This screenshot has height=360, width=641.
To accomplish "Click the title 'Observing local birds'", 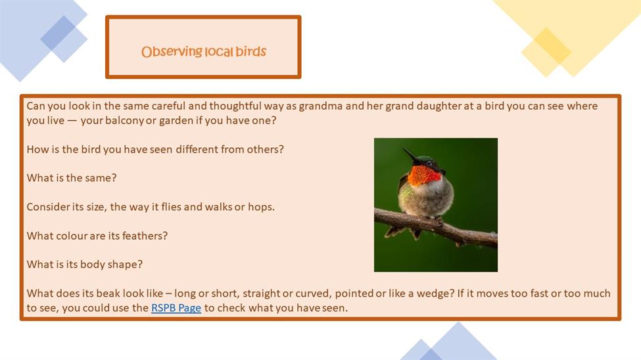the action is coord(204,51).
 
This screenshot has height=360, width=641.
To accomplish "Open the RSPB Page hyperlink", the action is coord(176,307).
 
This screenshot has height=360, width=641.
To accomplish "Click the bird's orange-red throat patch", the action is coord(424,175).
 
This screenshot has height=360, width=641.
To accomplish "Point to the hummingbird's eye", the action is coord(429,164).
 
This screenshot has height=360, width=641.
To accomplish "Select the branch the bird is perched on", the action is coord(436,226).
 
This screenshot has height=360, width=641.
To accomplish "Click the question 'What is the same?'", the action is coord(72,178).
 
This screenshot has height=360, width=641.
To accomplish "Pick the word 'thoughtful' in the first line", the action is coord(235,106).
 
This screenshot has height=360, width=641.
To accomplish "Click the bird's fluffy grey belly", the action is coord(427,200).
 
